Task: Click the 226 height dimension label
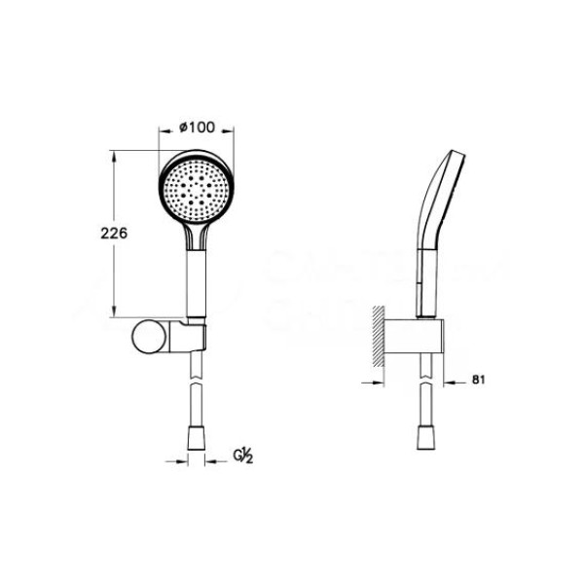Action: click(115, 234)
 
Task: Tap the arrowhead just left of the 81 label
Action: click(453, 383)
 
